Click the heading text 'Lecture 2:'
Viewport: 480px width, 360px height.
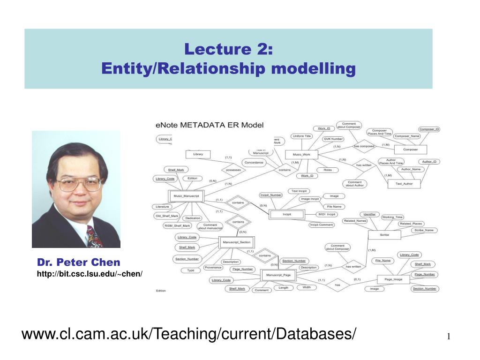[x=228, y=49]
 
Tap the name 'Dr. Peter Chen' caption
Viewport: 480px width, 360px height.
[x=79, y=262]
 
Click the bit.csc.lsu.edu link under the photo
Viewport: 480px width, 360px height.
[x=90, y=273]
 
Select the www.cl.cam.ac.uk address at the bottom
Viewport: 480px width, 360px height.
[x=188, y=335]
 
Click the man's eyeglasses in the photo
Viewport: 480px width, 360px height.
[x=78, y=184]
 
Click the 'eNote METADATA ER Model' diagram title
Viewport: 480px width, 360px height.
[x=210, y=125]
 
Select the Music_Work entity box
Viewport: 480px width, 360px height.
[x=301, y=154]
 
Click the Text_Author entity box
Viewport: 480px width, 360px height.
[x=405, y=184]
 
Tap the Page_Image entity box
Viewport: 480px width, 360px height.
[x=393, y=279]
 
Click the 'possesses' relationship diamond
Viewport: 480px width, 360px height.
[x=233, y=170]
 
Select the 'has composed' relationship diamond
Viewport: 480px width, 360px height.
[x=364, y=146]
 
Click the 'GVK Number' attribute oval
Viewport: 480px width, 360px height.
[x=333, y=139]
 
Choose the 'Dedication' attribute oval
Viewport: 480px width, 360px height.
[x=193, y=218]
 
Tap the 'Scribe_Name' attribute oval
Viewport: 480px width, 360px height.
[x=424, y=230]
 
